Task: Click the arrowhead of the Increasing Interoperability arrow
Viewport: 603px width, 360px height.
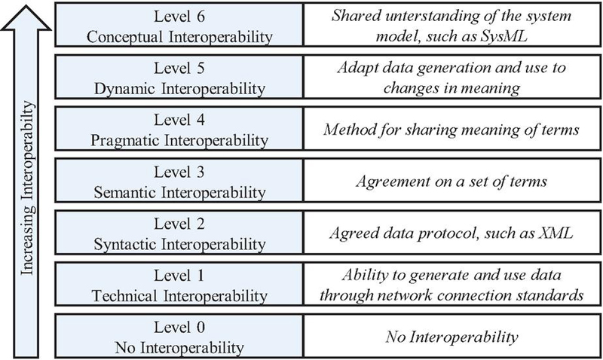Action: coord(26,17)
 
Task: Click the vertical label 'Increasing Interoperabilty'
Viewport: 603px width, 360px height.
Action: coord(27,188)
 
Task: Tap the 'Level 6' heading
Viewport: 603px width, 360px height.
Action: coord(179,17)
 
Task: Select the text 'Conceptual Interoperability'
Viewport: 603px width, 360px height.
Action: coord(179,37)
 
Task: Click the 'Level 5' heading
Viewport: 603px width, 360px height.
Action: coord(179,69)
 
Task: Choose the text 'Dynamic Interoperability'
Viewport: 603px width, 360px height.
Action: coord(179,89)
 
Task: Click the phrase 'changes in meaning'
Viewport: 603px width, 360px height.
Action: coord(451,88)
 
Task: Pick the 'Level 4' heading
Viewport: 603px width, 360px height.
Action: coord(179,121)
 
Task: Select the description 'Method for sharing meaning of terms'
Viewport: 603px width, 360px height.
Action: coord(451,130)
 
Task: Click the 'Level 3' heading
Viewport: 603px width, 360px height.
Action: coord(179,172)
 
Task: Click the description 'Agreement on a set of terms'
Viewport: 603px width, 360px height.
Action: coord(451,182)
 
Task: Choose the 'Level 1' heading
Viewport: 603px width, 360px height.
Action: coord(179,276)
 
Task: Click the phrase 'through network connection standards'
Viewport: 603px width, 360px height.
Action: coord(451,295)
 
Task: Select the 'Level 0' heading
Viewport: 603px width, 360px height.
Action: coord(179,328)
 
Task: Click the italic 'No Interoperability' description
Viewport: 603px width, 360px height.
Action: coord(451,337)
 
